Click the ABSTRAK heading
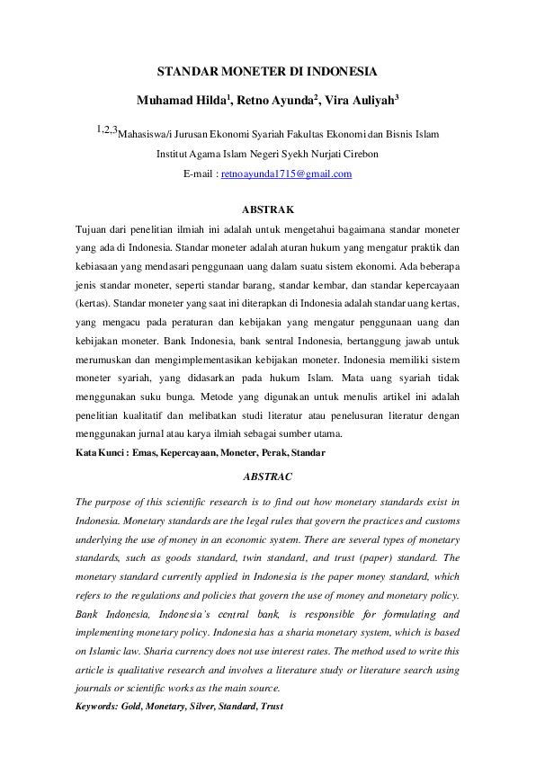(x=268, y=209)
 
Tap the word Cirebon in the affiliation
(x=358, y=154)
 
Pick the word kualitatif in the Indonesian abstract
(x=140, y=414)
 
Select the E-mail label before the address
(x=200, y=174)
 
